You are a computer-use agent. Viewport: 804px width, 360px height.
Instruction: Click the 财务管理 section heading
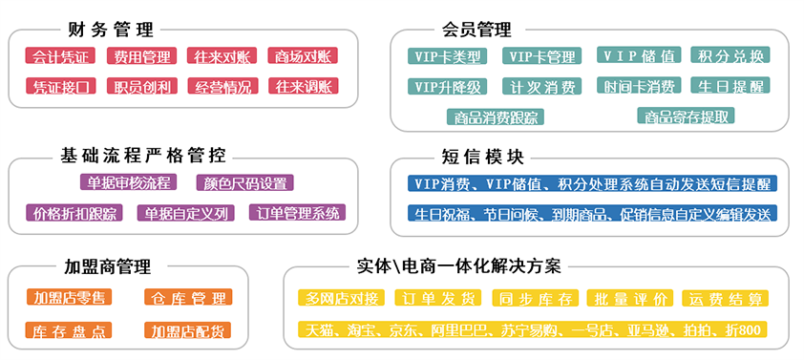coord(111,30)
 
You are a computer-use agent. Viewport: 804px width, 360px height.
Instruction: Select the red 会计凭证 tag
coord(61,56)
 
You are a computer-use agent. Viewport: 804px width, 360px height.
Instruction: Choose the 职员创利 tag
coord(141,87)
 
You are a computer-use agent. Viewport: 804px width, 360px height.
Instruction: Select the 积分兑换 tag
coord(730,56)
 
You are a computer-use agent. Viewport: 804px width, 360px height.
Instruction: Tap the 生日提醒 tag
coord(730,87)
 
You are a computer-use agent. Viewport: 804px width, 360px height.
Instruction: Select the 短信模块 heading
coord(482,156)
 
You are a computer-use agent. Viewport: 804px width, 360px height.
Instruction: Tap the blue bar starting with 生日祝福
coord(591,213)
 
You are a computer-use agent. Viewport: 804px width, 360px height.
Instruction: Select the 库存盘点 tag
coord(69,330)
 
